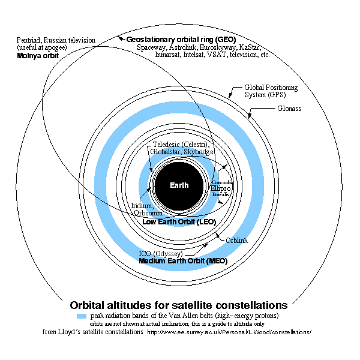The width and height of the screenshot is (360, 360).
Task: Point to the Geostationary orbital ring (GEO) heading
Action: (181, 39)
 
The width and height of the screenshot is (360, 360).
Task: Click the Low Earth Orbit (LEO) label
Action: (179, 221)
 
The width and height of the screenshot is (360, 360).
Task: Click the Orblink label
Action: (236, 241)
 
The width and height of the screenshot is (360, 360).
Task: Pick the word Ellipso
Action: (221, 188)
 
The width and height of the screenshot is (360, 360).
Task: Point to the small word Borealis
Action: (220, 194)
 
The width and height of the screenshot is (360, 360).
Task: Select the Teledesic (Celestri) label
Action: (179, 145)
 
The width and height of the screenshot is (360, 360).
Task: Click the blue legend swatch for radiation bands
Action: (82, 316)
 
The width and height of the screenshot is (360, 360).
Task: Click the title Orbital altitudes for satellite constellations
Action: (179, 304)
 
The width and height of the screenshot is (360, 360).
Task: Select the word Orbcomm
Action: (148, 212)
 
